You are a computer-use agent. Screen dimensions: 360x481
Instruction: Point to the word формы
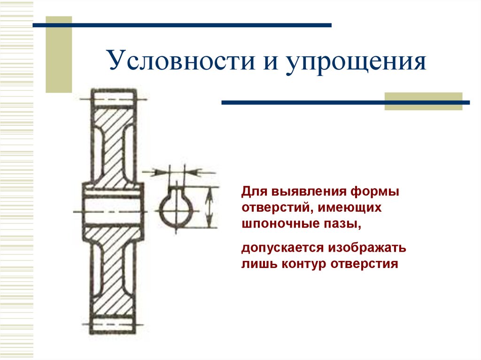pyautogui.click(x=371, y=192)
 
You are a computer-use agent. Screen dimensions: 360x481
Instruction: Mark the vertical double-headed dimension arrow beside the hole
pyautogui.click(x=209, y=207)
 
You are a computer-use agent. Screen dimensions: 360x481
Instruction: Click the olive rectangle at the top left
pyautogui.click(x=59, y=54)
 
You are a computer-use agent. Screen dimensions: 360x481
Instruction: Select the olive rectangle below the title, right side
pyautogui.click(x=423, y=101)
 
